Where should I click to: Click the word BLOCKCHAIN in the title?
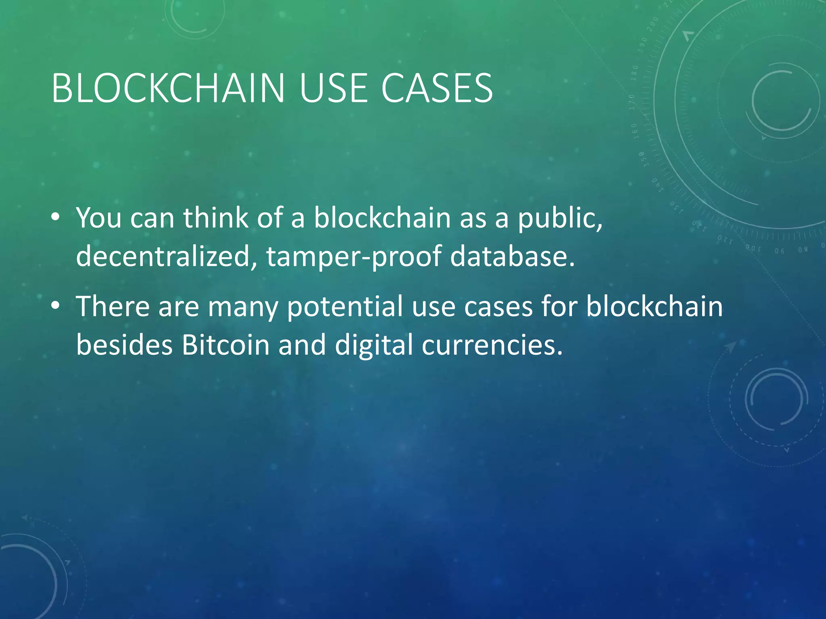[x=168, y=88]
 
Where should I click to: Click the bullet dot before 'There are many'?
[x=56, y=306]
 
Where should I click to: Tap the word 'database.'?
[x=512, y=256]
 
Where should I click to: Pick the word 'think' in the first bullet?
[x=216, y=218]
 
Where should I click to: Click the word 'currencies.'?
[x=492, y=345]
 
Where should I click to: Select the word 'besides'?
[x=124, y=345]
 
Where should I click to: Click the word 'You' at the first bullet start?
[x=99, y=218]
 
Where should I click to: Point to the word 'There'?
[x=113, y=306]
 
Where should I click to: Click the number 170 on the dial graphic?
[x=632, y=102]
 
